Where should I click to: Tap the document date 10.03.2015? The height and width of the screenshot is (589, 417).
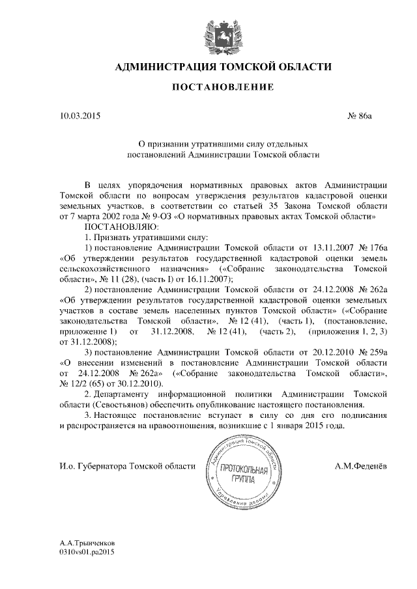pos(80,116)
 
